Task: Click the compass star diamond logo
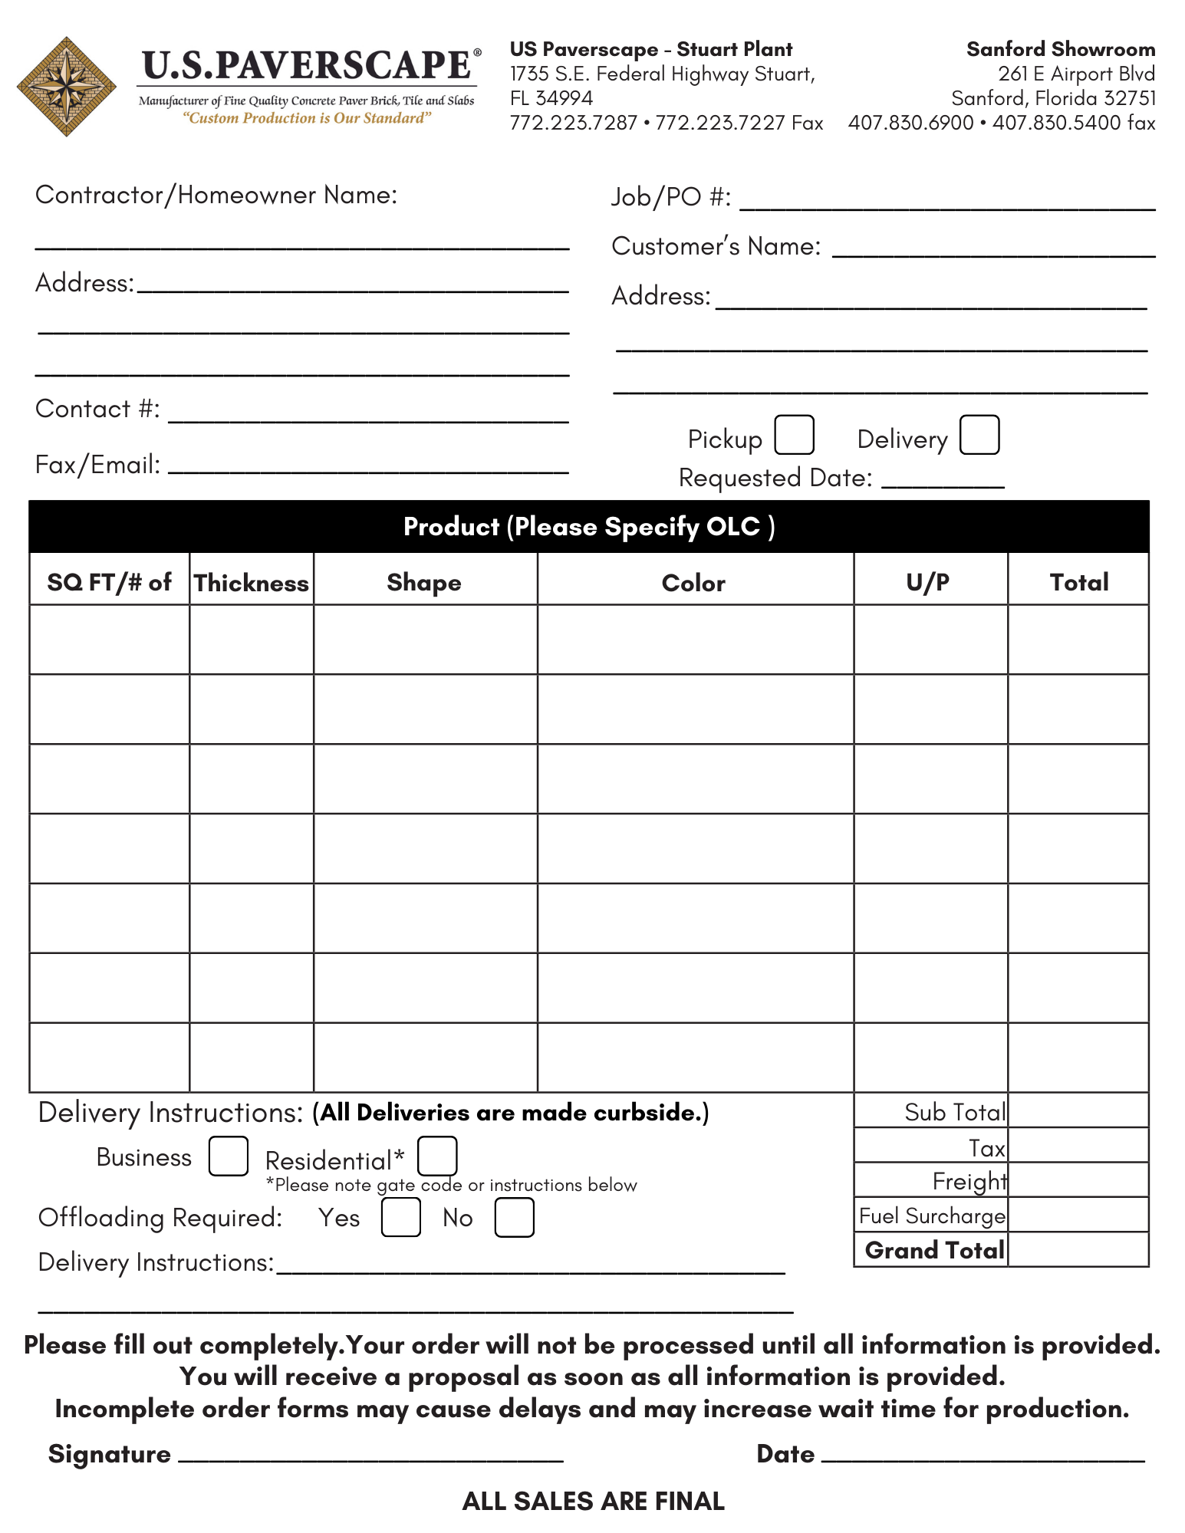(x=67, y=87)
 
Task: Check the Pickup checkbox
(x=794, y=435)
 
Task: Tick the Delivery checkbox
(x=979, y=435)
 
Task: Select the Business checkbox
(x=228, y=1156)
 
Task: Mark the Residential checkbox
(x=437, y=1156)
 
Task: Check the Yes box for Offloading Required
(x=400, y=1217)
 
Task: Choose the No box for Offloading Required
(x=514, y=1217)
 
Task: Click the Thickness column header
(x=252, y=583)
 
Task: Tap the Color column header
(x=693, y=583)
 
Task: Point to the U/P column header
(x=928, y=583)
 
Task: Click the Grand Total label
(x=934, y=1250)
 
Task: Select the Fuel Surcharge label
(x=932, y=1216)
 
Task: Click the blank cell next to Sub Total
(x=1078, y=1110)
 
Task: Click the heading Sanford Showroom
(x=1061, y=49)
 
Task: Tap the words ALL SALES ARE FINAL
(x=593, y=1501)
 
